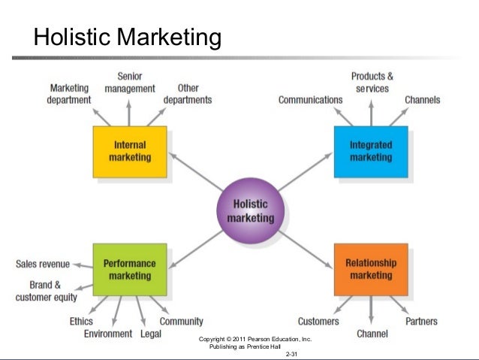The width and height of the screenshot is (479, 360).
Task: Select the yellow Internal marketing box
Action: [x=130, y=151]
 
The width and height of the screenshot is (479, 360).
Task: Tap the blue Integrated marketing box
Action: [x=371, y=151]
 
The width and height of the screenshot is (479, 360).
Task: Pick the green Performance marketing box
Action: [x=130, y=269]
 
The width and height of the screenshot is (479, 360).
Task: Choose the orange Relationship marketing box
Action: [x=371, y=269]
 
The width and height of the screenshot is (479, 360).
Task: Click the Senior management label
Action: [x=130, y=82]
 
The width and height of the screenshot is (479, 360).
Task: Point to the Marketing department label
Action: [x=69, y=94]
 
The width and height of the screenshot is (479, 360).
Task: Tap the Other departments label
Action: [x=187, y=94]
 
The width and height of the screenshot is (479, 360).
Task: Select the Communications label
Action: [x=310, y=100]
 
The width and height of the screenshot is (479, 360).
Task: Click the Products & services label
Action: [x=372, y=82]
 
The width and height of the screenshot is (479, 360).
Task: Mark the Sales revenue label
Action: [x=43, y=264]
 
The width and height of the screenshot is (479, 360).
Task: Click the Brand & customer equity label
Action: [x=46, y=291]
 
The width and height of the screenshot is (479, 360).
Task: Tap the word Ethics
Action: [x=81, y=322]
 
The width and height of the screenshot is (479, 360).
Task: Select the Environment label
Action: [x=108, y=334]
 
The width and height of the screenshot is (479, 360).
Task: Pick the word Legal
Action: [x=150, y=334]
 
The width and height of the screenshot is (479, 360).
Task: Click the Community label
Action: [x=181, y=322]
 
